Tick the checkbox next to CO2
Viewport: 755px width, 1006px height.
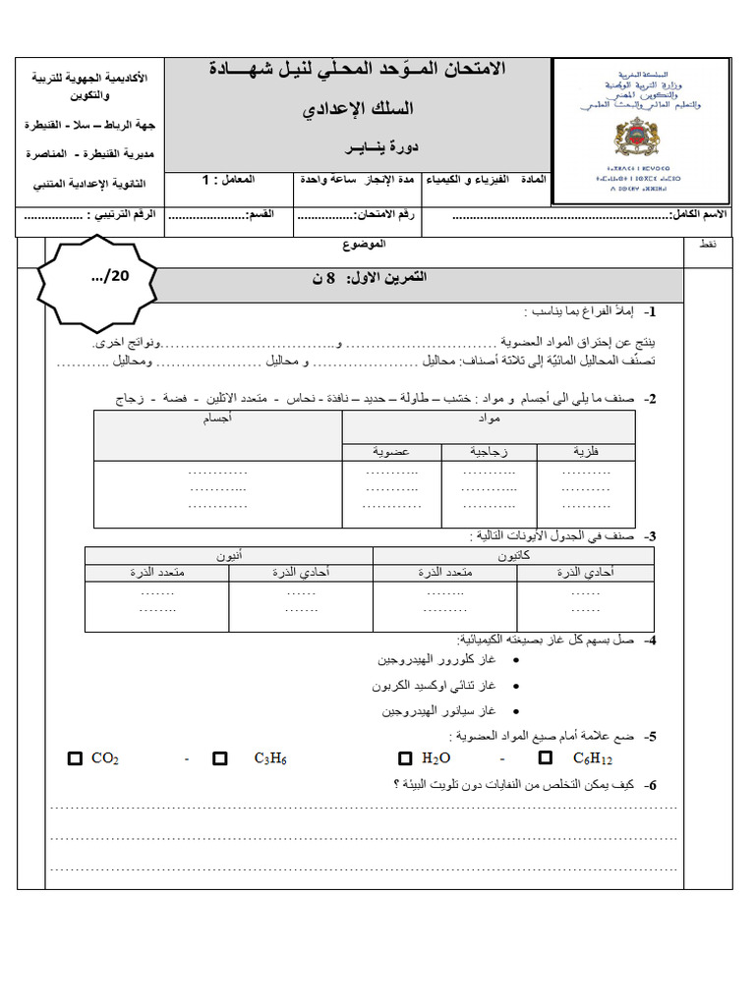click(x=75, y=758)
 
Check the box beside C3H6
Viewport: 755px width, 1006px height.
click(x=219, y=758)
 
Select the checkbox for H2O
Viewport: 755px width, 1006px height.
click(x=405, y=758)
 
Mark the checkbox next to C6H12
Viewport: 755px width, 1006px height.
click(x=545, y=758)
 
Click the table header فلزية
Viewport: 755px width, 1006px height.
click(x=586, y=452)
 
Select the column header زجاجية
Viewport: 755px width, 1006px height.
click(x=489, y=452)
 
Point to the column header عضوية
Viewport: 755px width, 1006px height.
click(x=391, y=452)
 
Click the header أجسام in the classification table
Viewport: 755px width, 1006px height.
click(x=217, y=419)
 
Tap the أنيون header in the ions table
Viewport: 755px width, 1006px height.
click(x=229, y=555)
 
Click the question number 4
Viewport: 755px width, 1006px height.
click(x=650, y=640)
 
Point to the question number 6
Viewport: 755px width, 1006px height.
click(x=650, y=785)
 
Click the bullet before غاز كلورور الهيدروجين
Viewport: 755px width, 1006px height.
click(x=516, y=660)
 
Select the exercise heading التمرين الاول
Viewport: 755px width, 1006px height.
click(x=369, y=279)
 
